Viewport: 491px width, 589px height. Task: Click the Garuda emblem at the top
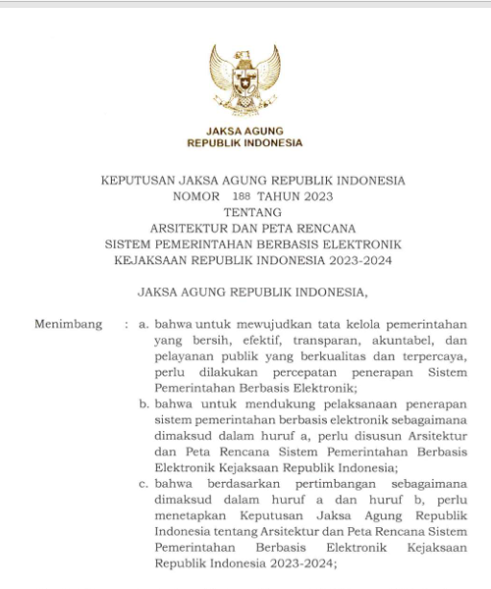tap(245, 80)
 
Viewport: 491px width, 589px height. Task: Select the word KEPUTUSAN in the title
tap(137, 181)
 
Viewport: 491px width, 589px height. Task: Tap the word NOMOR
tap(194, 196)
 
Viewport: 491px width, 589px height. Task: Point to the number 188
tap(243, 196)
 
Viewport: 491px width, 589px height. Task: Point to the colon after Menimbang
tap(126, 323)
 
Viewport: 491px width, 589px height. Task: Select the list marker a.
tap(144, 323)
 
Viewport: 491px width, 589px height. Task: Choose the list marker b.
tap(144, 402)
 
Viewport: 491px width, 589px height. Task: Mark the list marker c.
tap(144, 483)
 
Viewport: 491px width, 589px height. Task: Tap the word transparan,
tap(301, 339)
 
